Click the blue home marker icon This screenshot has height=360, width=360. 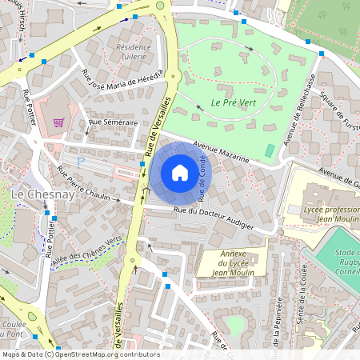click(x=180, y=173)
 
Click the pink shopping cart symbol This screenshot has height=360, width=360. click(x=58, y=122)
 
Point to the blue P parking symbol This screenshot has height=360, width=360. click(x=80, y=161)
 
